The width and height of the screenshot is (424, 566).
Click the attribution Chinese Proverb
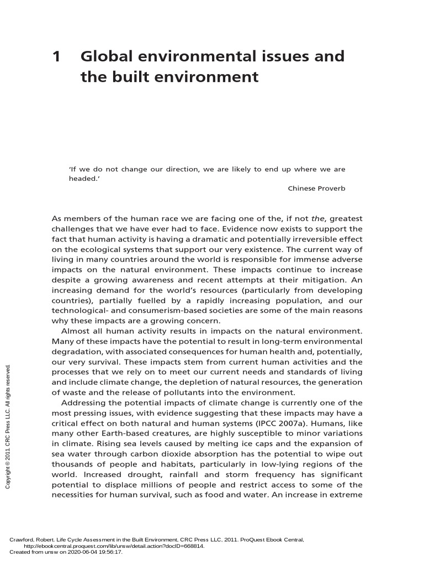point(316,188)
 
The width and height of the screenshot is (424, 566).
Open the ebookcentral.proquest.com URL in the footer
point(114,546)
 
